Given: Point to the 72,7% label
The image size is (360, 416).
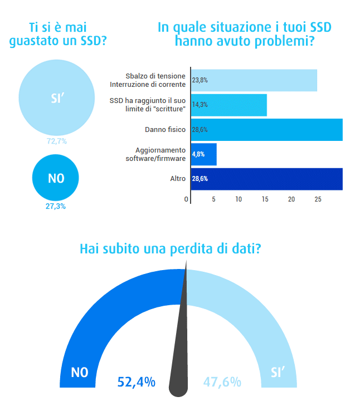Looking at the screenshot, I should coord(56,141).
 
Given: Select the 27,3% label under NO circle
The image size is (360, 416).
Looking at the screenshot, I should coord(56,206).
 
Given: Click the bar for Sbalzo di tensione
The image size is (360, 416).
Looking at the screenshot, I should coord(254,80).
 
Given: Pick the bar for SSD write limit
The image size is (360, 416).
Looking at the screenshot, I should coord(229,105).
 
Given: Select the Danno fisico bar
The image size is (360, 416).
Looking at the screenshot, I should coord(267,130).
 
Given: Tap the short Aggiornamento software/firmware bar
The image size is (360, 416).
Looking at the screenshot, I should coord(204,154).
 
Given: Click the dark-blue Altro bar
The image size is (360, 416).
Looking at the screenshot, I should coord(267,179).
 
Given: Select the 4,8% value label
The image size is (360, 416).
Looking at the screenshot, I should coord(198,154).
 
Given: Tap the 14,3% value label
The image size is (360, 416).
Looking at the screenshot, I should coord(200,105).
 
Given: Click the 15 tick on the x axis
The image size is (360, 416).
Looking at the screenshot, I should coord(265,199).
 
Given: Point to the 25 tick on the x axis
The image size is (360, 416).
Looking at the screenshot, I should coord(318,199).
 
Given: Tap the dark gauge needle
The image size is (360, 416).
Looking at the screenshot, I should coord(179,356).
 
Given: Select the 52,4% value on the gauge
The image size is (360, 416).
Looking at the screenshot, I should coord(136,382).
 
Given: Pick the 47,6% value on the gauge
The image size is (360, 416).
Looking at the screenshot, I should coord(222,382).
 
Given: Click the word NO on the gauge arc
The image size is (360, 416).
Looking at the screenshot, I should coord(80,373).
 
